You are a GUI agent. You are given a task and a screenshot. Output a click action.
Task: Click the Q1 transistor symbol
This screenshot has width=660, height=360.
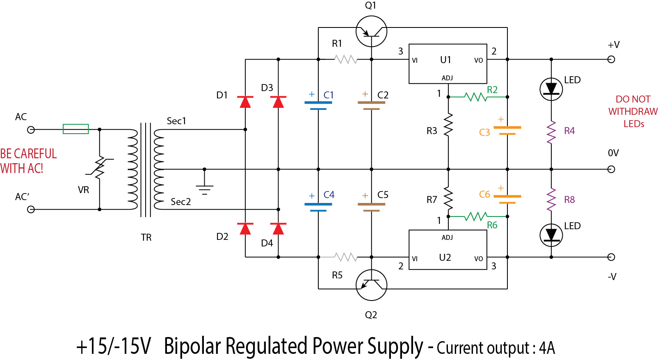tap(371, 31)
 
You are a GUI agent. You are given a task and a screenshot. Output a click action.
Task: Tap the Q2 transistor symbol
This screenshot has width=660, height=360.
tap(371, 285)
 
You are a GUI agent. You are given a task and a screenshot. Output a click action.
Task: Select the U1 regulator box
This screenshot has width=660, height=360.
tap(448, 64)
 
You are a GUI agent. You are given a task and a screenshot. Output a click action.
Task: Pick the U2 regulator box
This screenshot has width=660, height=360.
tap(448, 250)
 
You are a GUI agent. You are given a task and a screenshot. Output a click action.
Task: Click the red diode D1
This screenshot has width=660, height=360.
tap(245, 102)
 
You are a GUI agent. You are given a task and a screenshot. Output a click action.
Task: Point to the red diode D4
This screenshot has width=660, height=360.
tap(278, 228)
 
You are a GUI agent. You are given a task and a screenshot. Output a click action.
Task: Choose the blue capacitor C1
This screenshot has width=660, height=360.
tap(318, 105)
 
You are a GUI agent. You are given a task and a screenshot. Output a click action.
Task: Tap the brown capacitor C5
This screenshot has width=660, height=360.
tap(371, 207)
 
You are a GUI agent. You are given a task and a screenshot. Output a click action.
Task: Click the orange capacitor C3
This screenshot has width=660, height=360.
tap(507, 131)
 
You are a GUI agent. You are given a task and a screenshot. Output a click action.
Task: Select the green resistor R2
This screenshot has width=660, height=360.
tap(475, 97)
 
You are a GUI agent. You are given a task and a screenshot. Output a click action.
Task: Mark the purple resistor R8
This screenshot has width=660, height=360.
tap(551, 200)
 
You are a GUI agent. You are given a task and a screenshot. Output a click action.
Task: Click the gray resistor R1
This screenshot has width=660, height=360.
tap(346, 60)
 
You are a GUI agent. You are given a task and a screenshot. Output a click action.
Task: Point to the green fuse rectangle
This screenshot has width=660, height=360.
tap(76, 129)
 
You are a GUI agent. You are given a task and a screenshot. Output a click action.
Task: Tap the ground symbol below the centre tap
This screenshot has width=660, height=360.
tap(204, 188)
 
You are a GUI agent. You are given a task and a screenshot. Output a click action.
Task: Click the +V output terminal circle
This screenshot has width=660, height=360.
tap(611, 59)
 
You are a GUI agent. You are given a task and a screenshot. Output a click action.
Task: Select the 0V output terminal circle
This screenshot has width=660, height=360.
tap(611, 169)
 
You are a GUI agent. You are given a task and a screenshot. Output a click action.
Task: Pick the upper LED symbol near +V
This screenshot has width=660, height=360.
tap(551, 89)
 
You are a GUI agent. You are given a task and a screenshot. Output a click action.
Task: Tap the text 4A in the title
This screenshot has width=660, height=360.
tap(547, 348)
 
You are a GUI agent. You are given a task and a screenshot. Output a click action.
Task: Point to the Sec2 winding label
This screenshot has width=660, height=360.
tap(181, 202)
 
